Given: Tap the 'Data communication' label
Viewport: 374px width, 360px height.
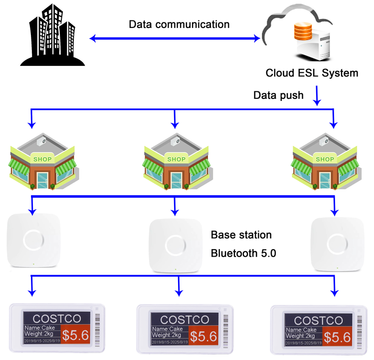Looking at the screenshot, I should [x=179, y=24].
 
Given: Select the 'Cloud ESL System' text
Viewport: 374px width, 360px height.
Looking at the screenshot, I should [x=312, y=73].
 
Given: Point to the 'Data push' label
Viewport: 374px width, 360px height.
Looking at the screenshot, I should [x=278, y=95].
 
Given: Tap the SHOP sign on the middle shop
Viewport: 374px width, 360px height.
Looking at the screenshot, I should [x=176, y=159].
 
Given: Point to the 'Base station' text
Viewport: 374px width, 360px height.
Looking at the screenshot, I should [x=241, y=235].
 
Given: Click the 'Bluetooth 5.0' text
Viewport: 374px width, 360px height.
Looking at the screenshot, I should [x=243, y=253].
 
